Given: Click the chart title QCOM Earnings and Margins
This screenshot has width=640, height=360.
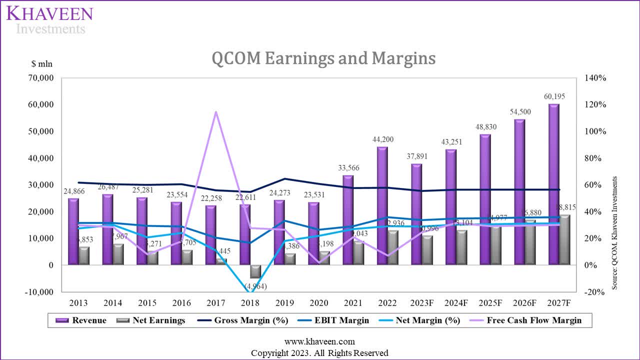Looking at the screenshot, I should pos(323,58).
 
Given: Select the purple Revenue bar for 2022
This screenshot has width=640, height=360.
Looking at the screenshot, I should pos(382,205).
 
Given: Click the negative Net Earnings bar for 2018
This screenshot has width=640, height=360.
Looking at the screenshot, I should pos(255,271).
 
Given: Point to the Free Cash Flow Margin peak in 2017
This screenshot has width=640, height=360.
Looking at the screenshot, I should pos(216,112).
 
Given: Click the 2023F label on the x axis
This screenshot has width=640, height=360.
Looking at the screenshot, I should pos(421,303).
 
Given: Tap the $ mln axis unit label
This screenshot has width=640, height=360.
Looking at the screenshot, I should pos(41,63).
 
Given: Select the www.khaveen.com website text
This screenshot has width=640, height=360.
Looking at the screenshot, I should pos(319,342).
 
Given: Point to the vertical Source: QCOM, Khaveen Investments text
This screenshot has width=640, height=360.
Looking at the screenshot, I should pos(615,232).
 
